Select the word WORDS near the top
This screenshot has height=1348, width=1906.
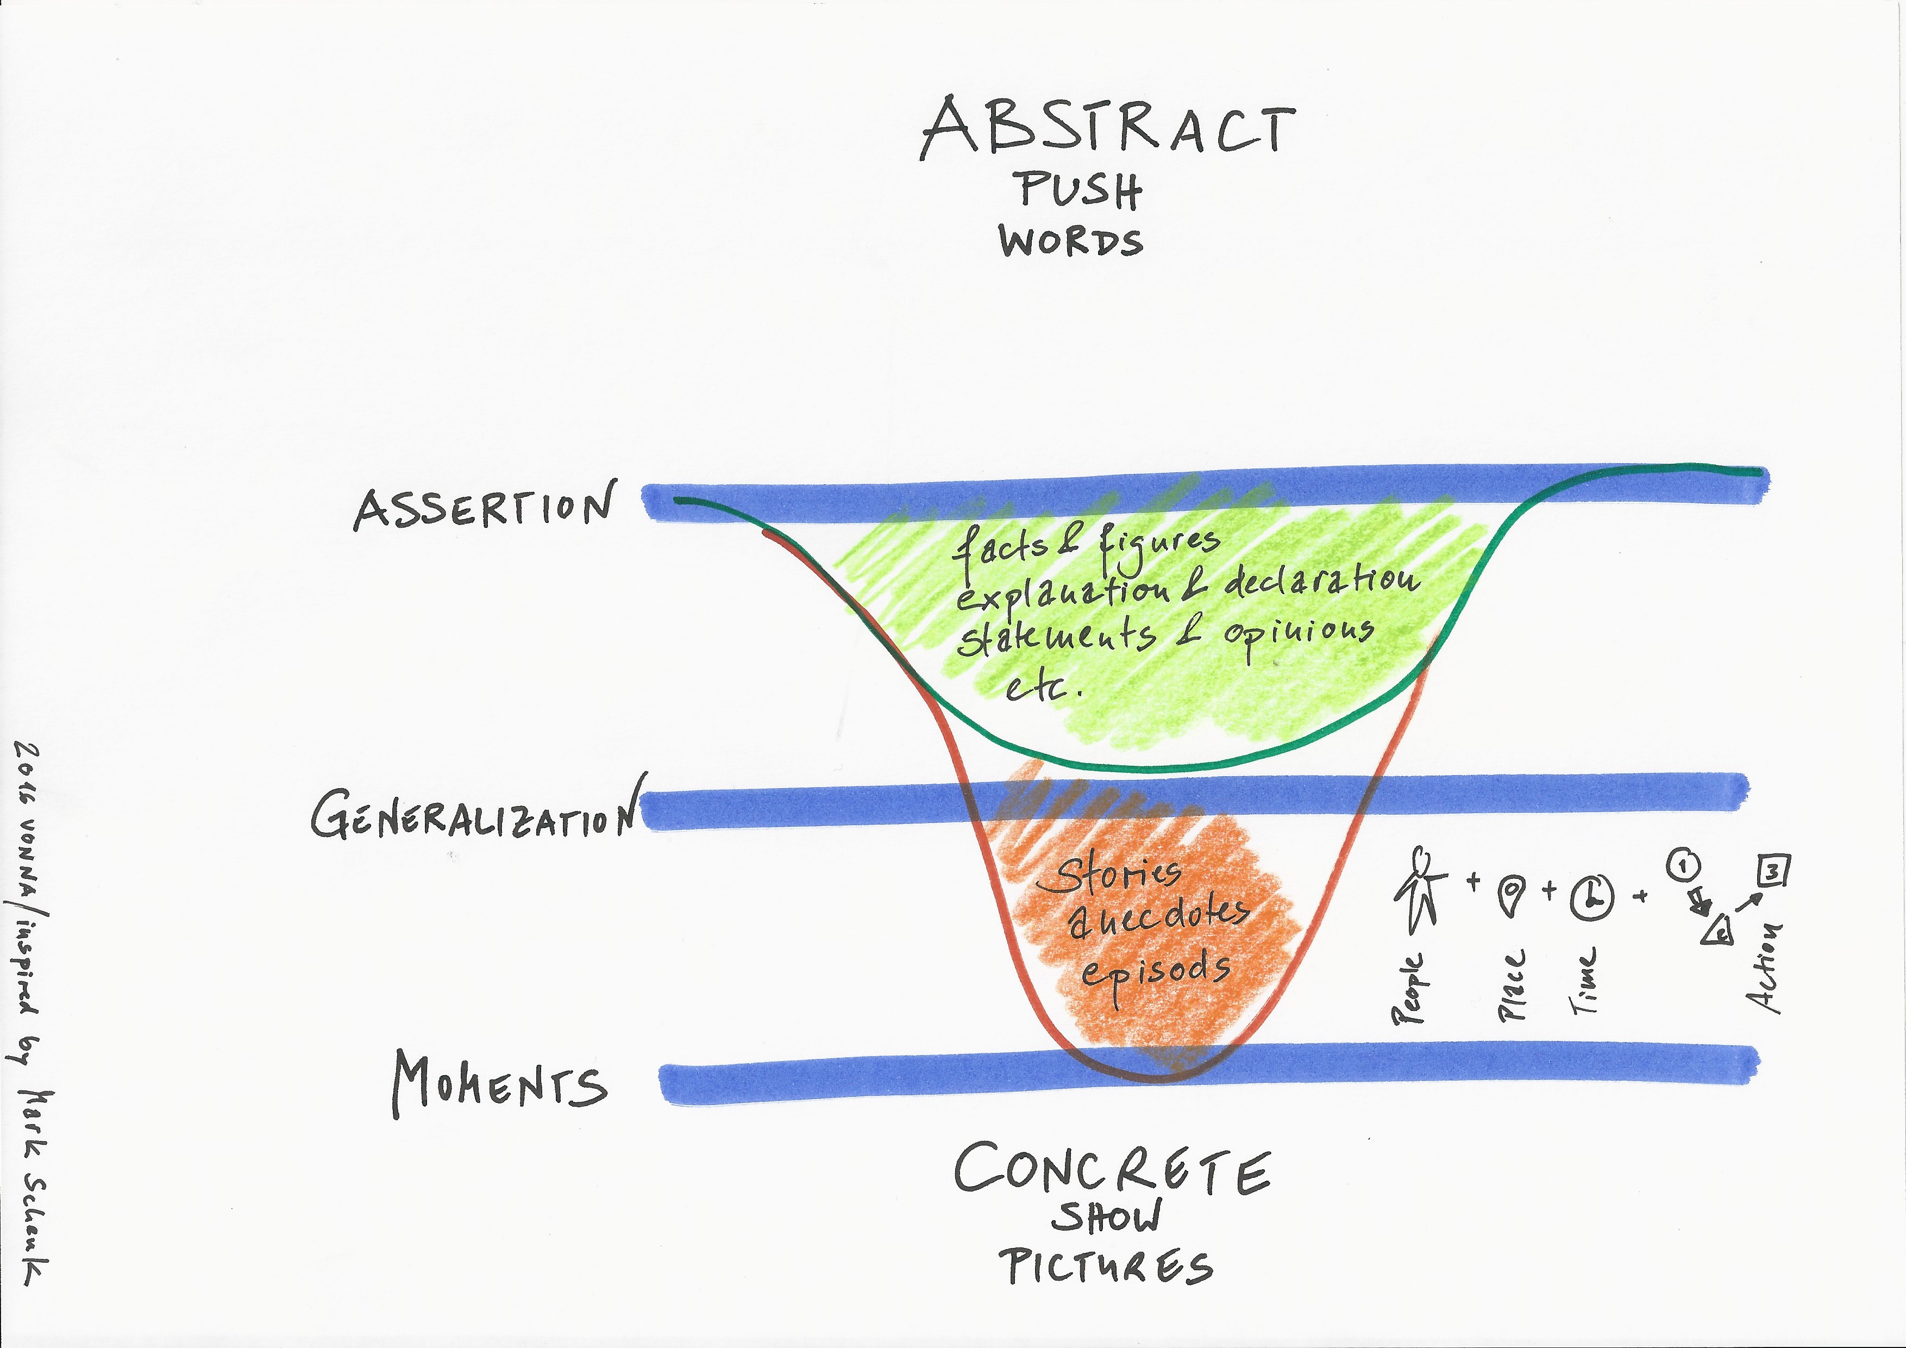click(x=1071, y=241)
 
